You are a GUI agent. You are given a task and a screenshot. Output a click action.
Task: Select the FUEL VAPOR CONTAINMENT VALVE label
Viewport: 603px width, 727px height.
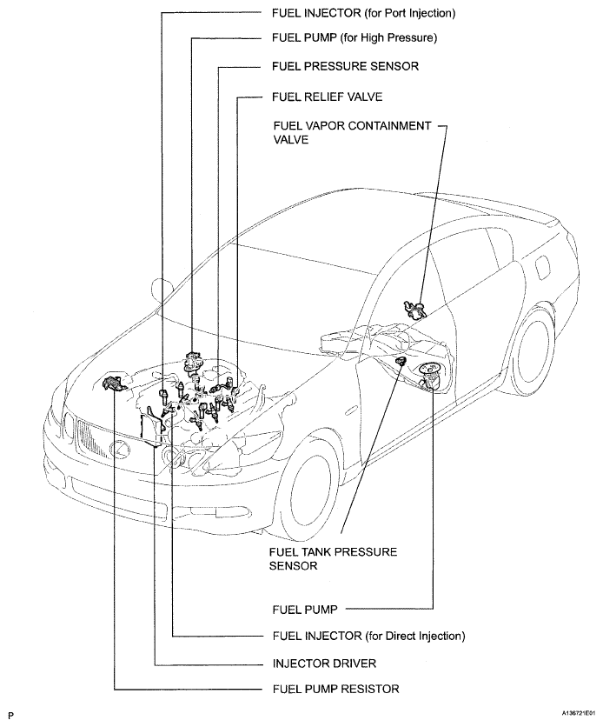[x=351, y=132]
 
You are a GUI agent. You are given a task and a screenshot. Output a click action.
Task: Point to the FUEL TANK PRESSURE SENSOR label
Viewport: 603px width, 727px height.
[x=329, y=558]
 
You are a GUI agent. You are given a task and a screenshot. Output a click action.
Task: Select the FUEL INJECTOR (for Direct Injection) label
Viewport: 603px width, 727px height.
[x=368, y=636]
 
